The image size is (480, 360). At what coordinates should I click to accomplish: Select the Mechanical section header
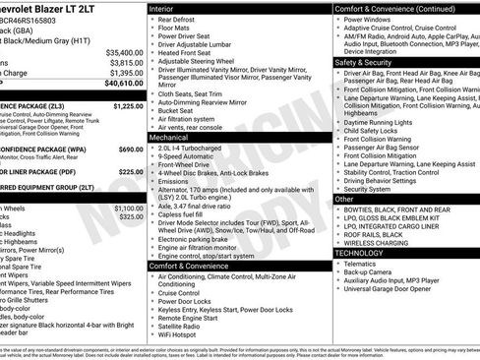coord(170,139)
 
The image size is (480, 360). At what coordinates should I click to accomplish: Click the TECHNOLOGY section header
coord(360,253)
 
